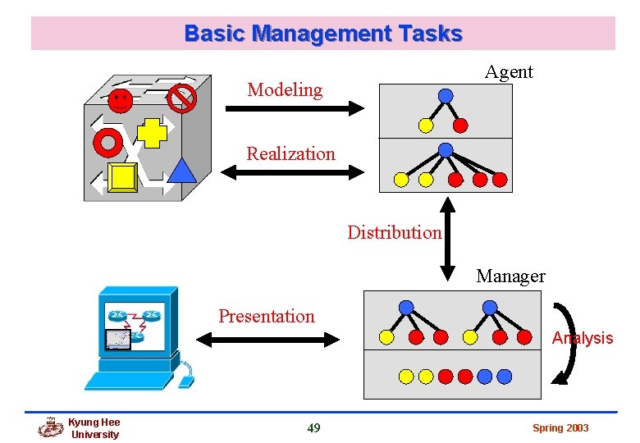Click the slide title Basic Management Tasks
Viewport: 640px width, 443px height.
323,34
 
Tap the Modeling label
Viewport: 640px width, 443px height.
285,89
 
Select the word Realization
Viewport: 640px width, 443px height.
290,153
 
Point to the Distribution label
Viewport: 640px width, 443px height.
394,232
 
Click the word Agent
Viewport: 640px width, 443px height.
509,72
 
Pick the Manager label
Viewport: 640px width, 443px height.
510,276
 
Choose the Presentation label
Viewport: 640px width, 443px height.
266,316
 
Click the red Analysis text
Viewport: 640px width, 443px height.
583,338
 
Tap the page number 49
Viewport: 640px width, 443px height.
313,427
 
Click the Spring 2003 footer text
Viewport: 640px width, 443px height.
560,428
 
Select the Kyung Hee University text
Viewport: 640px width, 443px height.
94,428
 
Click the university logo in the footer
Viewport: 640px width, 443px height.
51,427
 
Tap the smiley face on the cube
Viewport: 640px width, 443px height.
120,101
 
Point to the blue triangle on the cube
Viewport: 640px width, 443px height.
182,169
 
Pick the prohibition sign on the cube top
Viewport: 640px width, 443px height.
181,98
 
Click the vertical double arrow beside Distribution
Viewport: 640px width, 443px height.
448,238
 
